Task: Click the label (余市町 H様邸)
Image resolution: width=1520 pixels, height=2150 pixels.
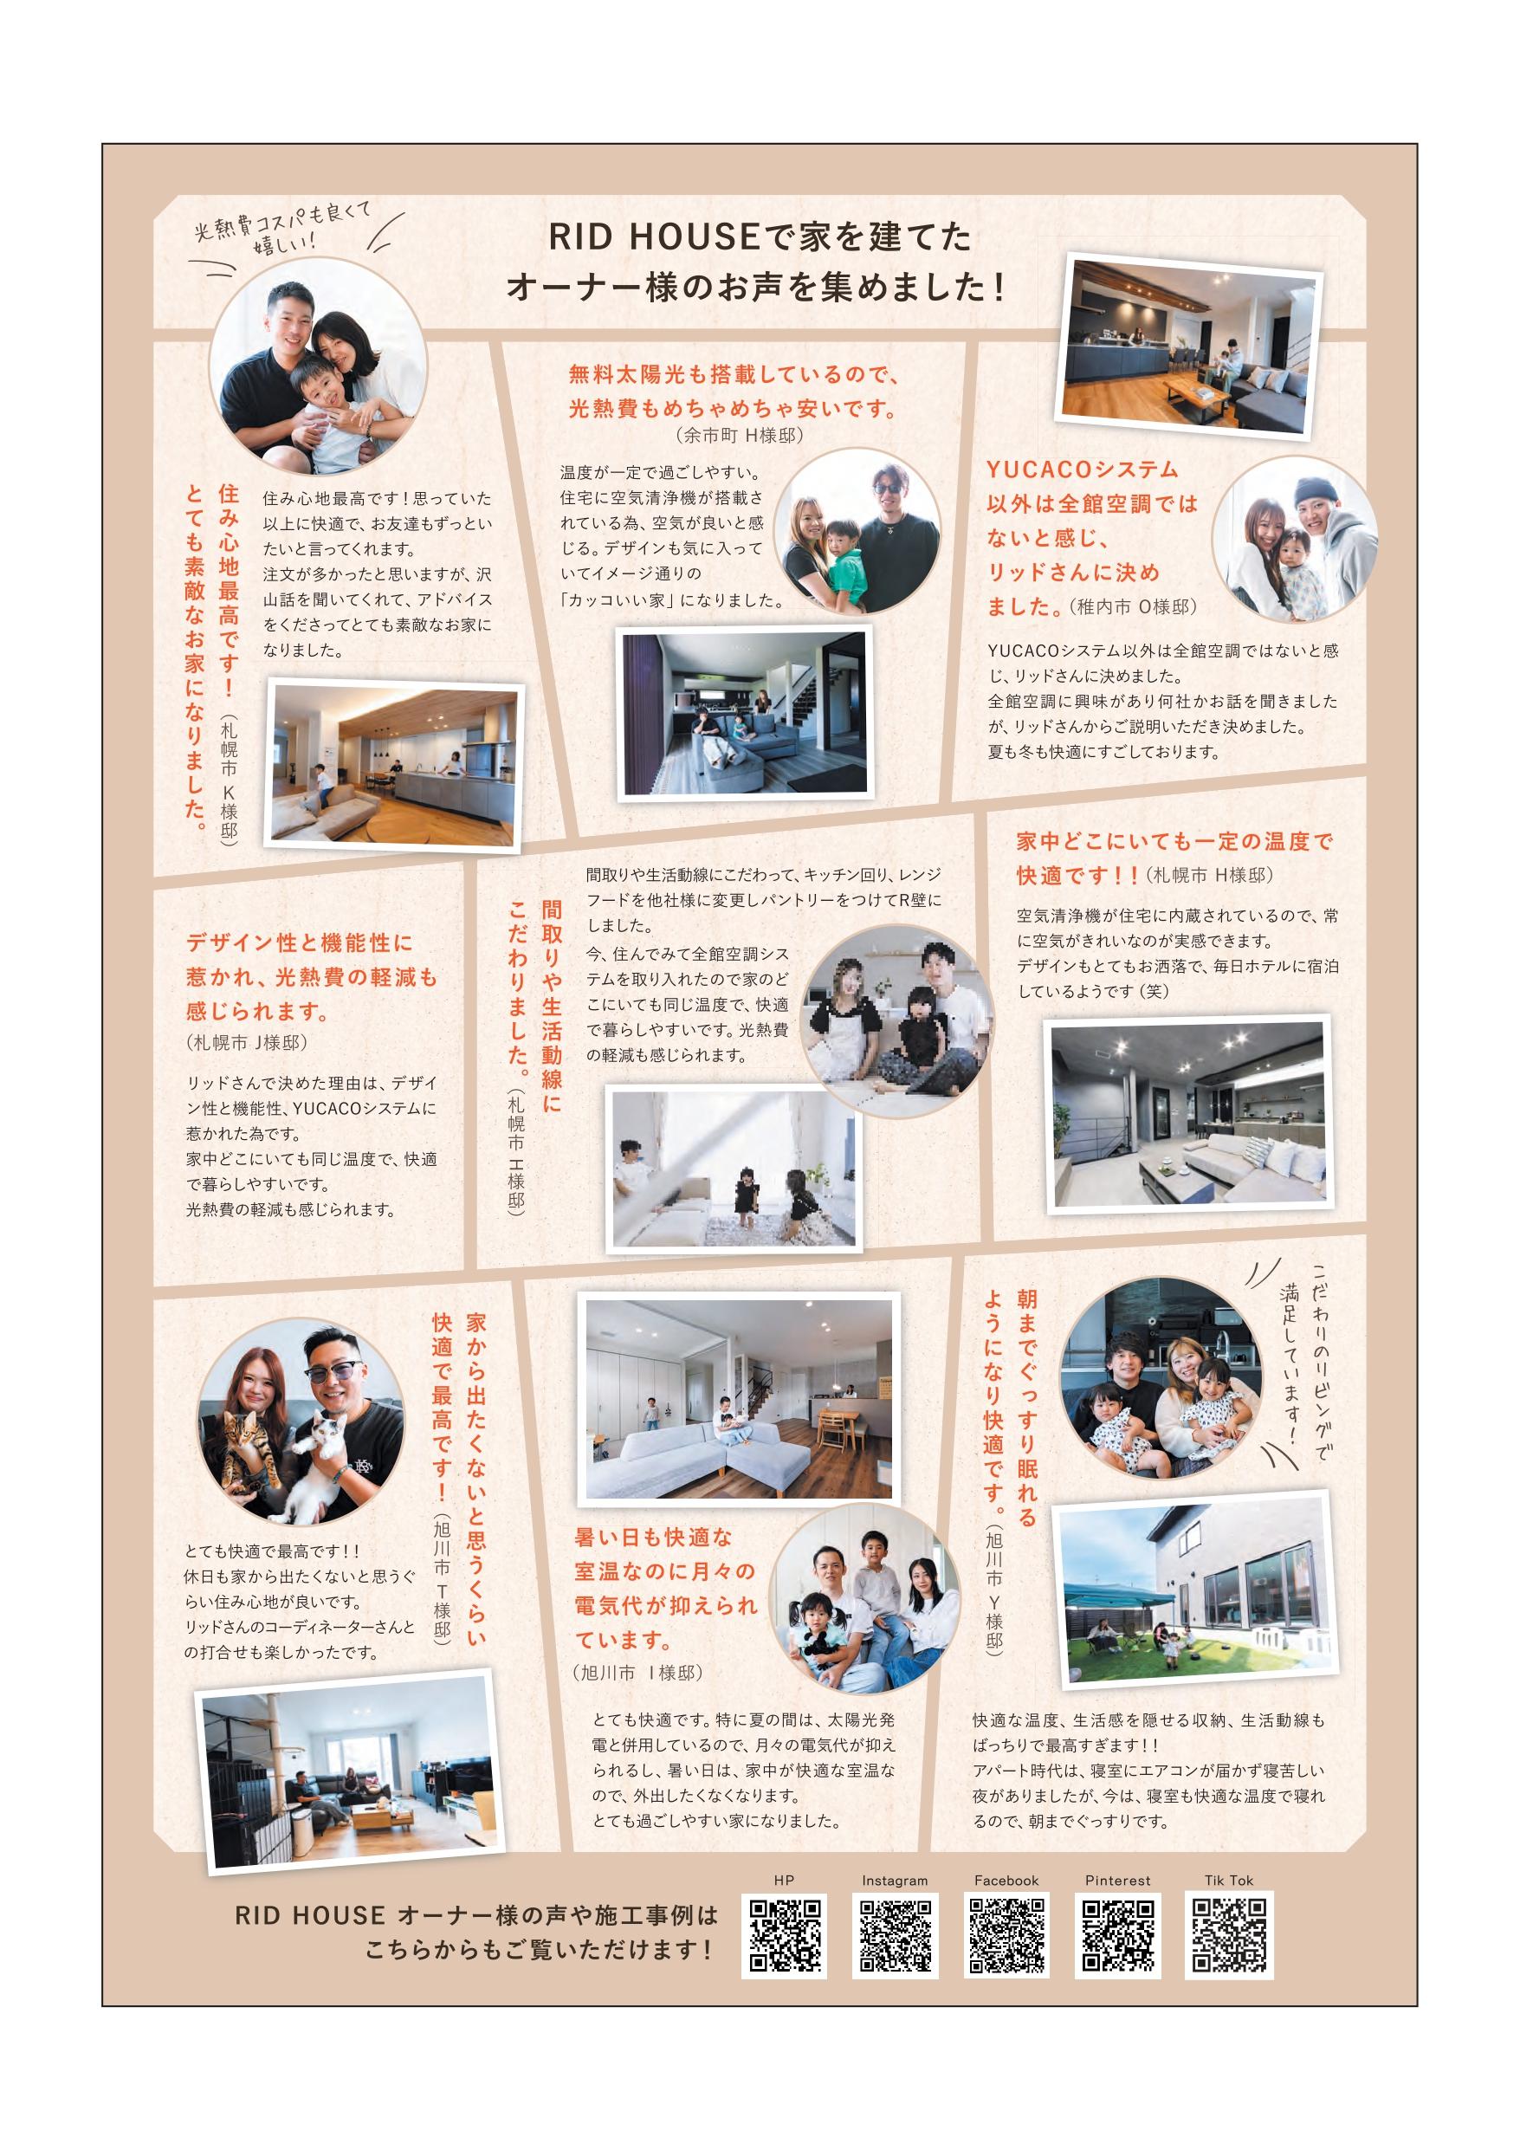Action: (738, 436)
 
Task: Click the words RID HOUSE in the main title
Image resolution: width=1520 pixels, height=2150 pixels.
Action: (652, 238)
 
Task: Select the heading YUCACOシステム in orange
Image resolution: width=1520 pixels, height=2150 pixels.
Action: (1082, 470)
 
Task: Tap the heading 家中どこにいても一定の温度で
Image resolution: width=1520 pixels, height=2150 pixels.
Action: (1174, 841)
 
